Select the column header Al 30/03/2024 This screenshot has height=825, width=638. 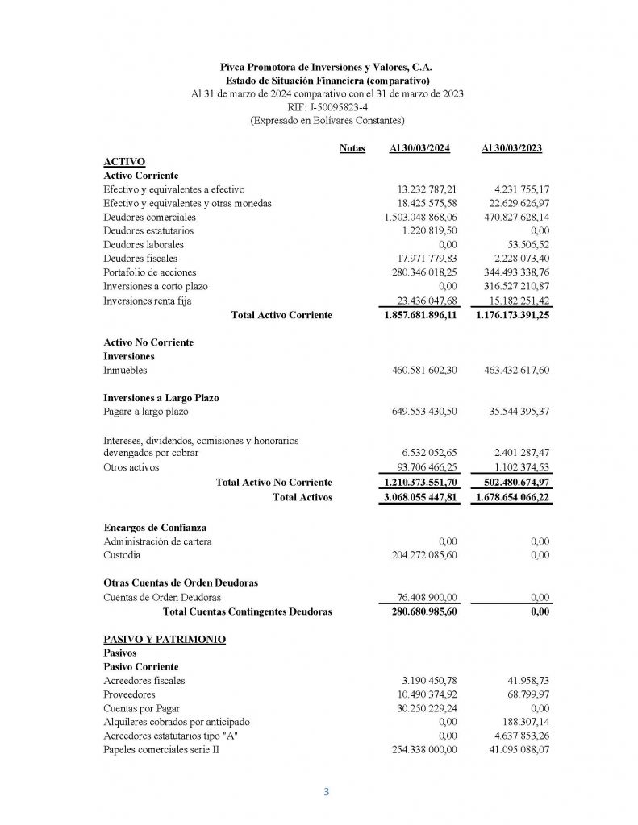419,148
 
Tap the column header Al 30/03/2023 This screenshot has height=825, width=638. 511,148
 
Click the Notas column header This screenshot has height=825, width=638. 352,148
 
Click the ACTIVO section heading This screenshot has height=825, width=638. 124,162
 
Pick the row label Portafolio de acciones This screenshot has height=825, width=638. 151,272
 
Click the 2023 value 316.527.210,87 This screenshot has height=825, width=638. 510,285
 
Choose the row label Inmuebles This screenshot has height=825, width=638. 126,370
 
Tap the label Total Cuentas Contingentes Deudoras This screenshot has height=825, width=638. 247,611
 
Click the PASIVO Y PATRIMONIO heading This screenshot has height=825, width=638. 165,640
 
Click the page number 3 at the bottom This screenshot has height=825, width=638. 327,791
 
